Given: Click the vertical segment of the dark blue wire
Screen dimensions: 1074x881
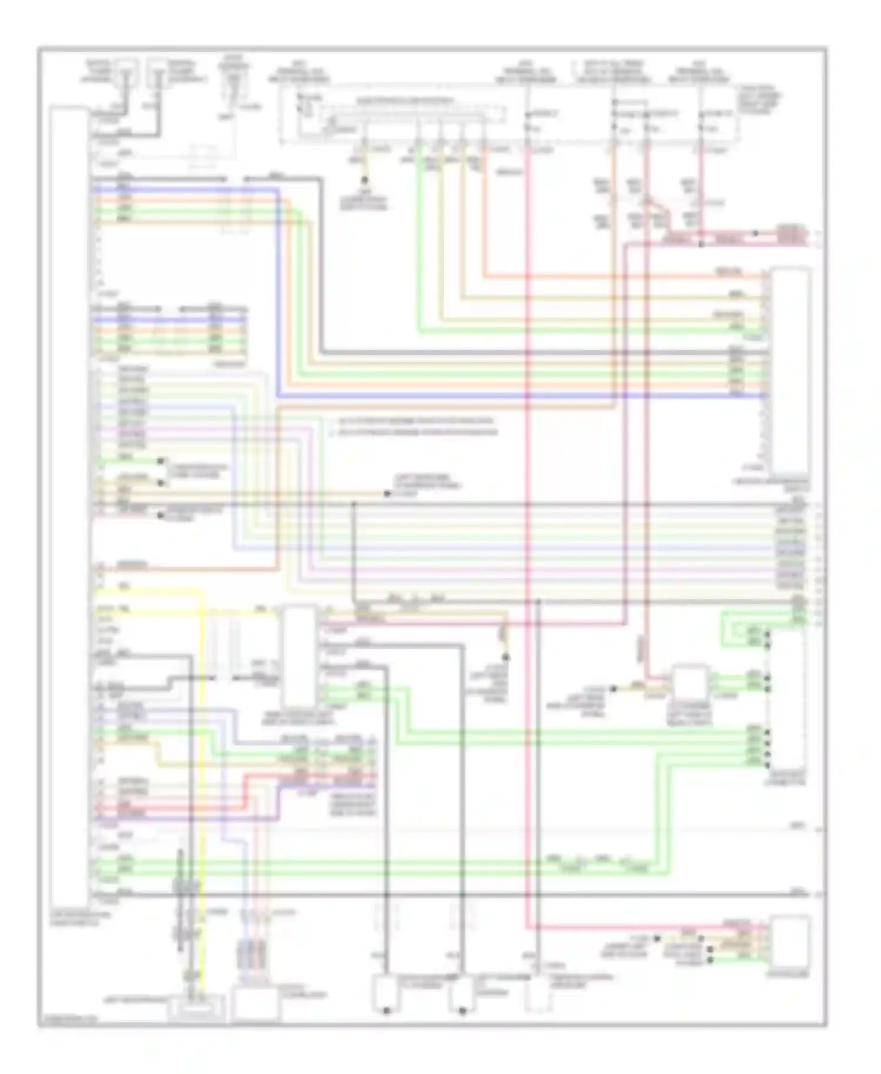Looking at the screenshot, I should [x=277, y=294].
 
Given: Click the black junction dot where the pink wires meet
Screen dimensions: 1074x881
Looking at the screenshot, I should [x=701, y=243].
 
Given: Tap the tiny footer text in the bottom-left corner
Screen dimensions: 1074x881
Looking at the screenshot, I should [x=62, y=1021].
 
